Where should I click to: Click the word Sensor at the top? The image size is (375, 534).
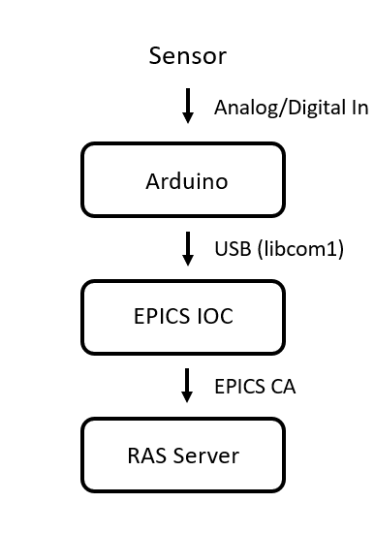click(x=188, y=56)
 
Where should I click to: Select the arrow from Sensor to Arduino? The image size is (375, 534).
click(x=188, y=106)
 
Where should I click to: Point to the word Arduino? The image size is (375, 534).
click(x=187, y=181)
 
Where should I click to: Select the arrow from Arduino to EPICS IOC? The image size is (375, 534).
click(x=188, y=249)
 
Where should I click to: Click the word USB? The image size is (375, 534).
click(x=233, y=249)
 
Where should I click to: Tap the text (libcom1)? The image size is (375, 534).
click(x=300, y=249)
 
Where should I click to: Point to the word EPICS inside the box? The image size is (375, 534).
click(x=162, y=316)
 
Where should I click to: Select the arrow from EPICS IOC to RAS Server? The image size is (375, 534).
click(x=187, y=385)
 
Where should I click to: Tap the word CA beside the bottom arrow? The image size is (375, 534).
click(x=283, y=387)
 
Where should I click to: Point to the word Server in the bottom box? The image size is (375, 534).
click(x=206, y=455)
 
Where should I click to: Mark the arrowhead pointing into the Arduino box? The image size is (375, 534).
click(x=188, y=118)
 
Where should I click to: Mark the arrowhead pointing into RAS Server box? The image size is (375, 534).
click(x=187, y=397)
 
